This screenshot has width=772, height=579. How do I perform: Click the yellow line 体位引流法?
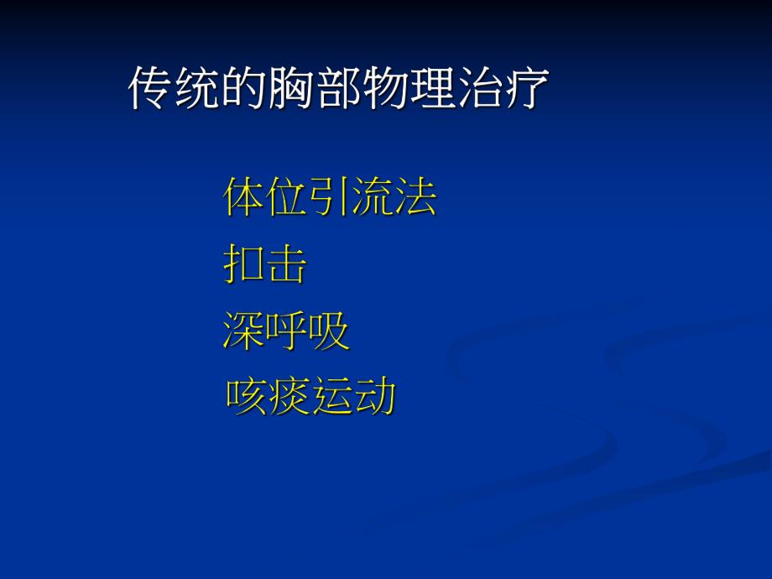tap(330, 198)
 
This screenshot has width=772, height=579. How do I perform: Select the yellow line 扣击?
tap(265, 265)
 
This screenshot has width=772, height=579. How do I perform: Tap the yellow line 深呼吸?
tap(286, 331)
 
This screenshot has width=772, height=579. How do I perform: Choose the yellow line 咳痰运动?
tap(310, 398)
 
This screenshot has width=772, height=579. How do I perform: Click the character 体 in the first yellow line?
tap(244, 198)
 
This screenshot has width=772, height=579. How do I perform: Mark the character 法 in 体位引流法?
tap(415, 198)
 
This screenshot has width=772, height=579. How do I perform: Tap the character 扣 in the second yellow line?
tap(244, 265)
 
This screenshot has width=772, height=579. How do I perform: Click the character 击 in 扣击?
tap(287, 265)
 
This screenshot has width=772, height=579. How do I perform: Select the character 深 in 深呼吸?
tap(243, 331)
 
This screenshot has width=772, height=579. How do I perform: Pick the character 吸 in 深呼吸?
tap(329, 331)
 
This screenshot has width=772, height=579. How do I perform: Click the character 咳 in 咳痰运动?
tap(246, 398)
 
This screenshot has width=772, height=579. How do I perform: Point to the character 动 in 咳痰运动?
tap(374, 398)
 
